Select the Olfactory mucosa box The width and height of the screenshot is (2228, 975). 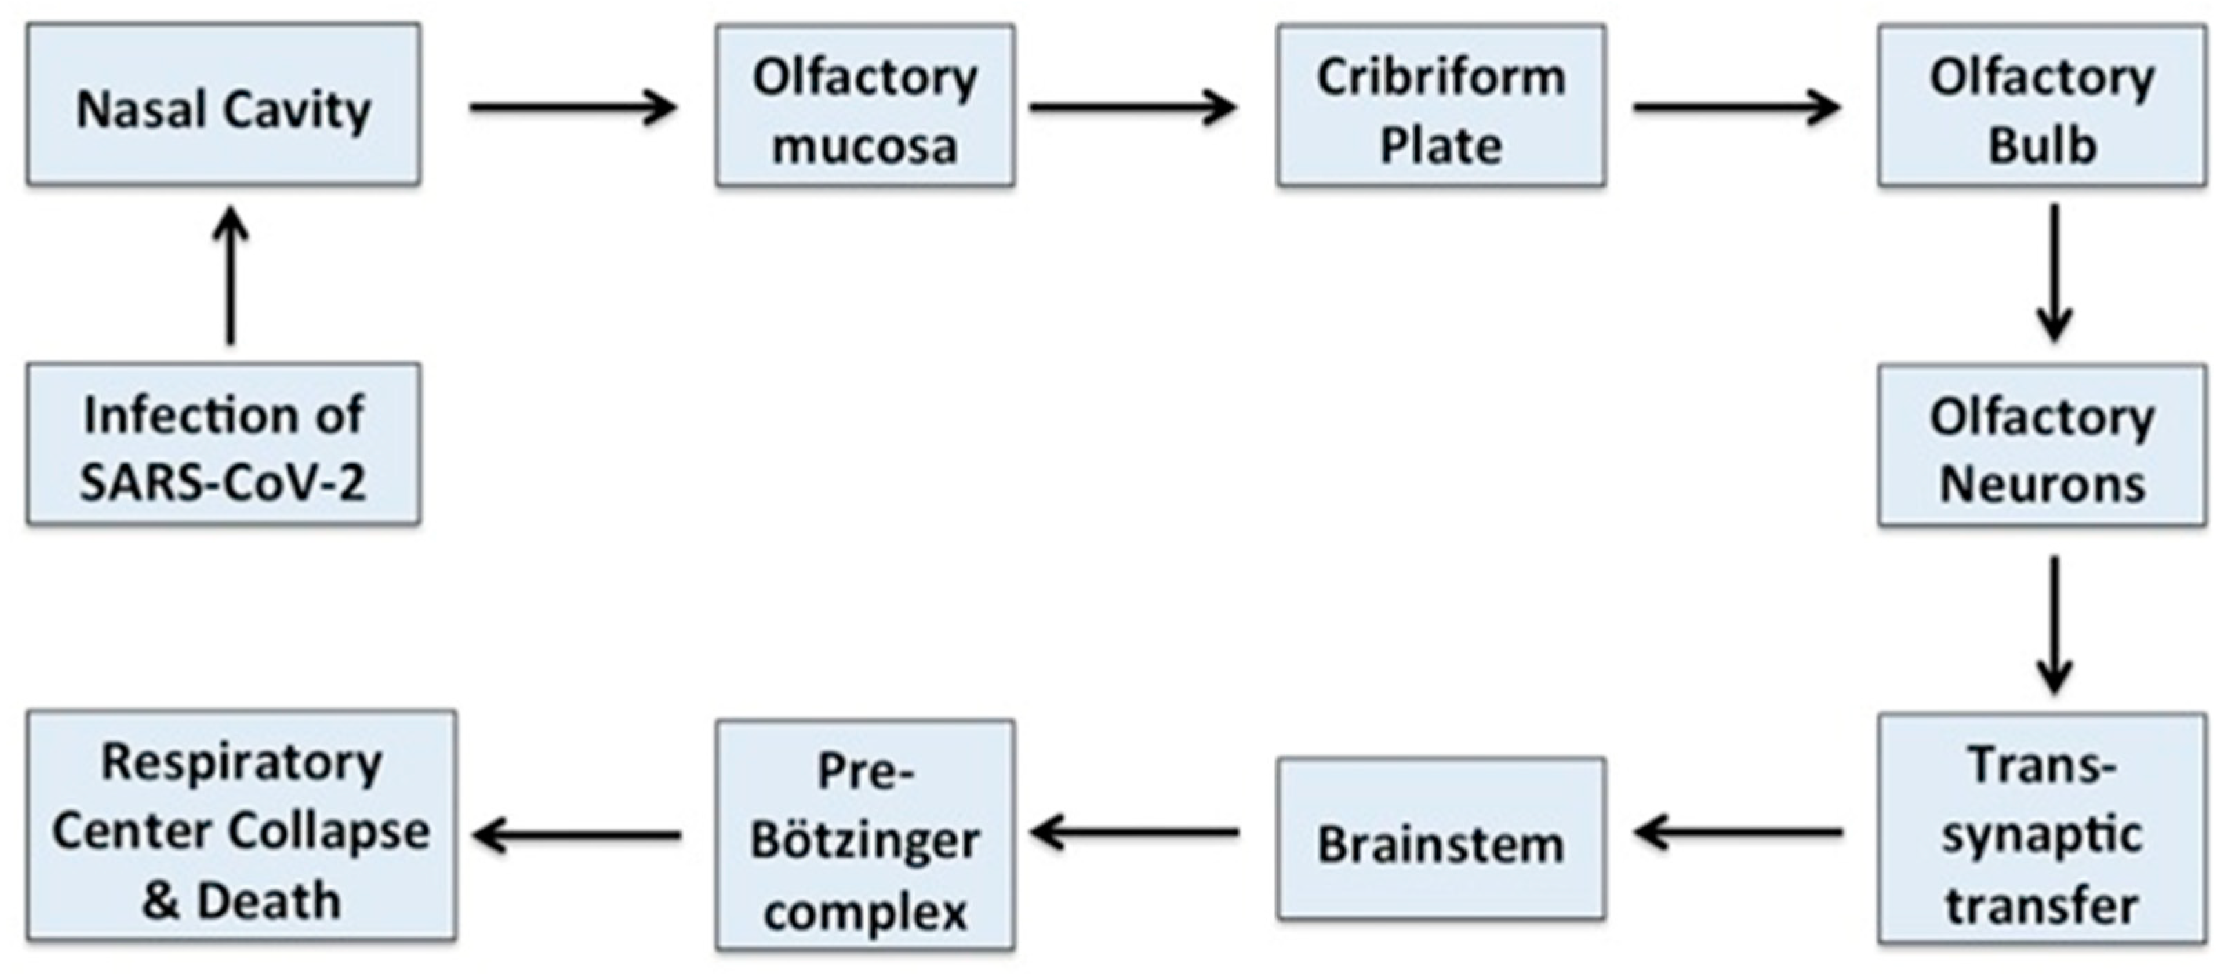(865, 106)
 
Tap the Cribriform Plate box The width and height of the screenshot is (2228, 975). (1441, 106)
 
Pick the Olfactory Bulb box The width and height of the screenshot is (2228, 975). (2041, 106)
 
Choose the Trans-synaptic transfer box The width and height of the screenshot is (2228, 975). (2041, 829)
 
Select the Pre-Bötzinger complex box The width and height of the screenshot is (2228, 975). (865, 835)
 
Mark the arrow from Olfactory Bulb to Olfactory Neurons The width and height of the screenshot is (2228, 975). (2054, 273)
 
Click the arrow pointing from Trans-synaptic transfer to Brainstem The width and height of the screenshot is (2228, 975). (1738, 833)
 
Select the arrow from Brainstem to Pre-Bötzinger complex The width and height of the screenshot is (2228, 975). (1135, 833)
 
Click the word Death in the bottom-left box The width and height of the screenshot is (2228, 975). (269, 901)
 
